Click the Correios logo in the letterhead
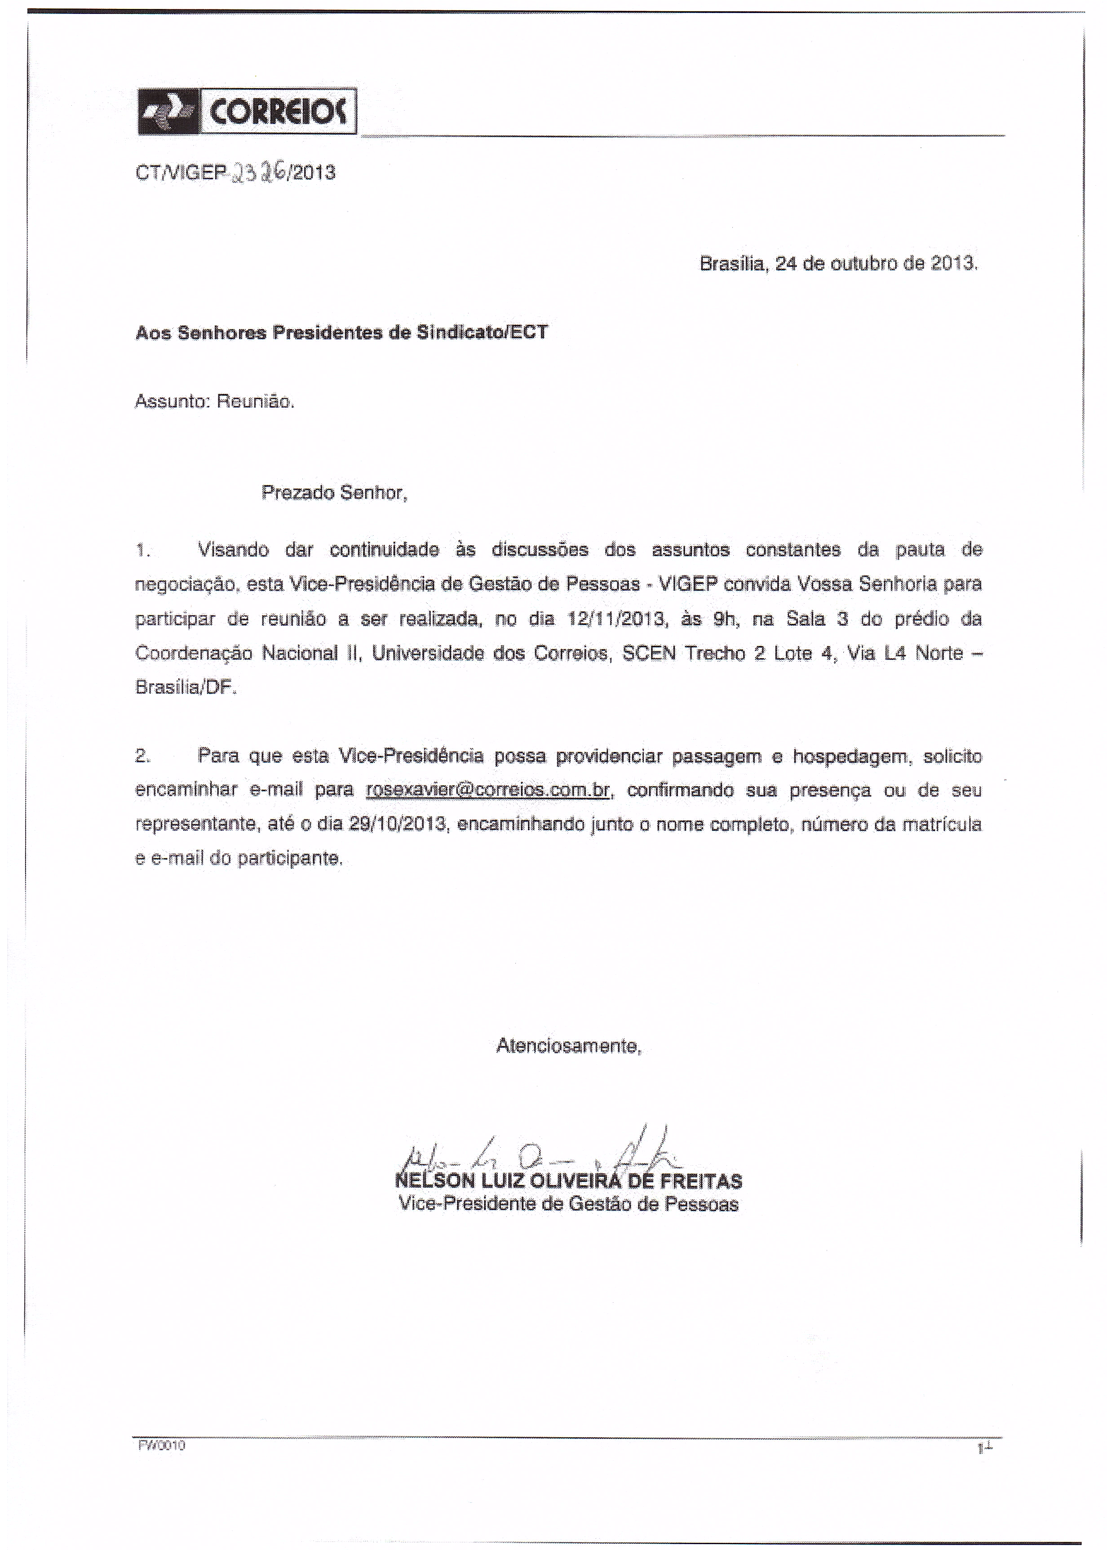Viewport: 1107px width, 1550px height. click(247, 111)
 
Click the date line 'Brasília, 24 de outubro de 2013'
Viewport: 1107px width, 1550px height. click(838, 264)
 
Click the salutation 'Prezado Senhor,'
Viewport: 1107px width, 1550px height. click(334, 492)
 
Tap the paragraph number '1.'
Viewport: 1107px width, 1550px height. click(141, 550)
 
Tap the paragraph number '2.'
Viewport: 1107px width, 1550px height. click(142, 756)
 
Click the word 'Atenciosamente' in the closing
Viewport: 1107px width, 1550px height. click(568, 1045)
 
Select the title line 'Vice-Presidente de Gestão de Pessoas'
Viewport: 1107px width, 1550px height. click(568, 1204)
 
